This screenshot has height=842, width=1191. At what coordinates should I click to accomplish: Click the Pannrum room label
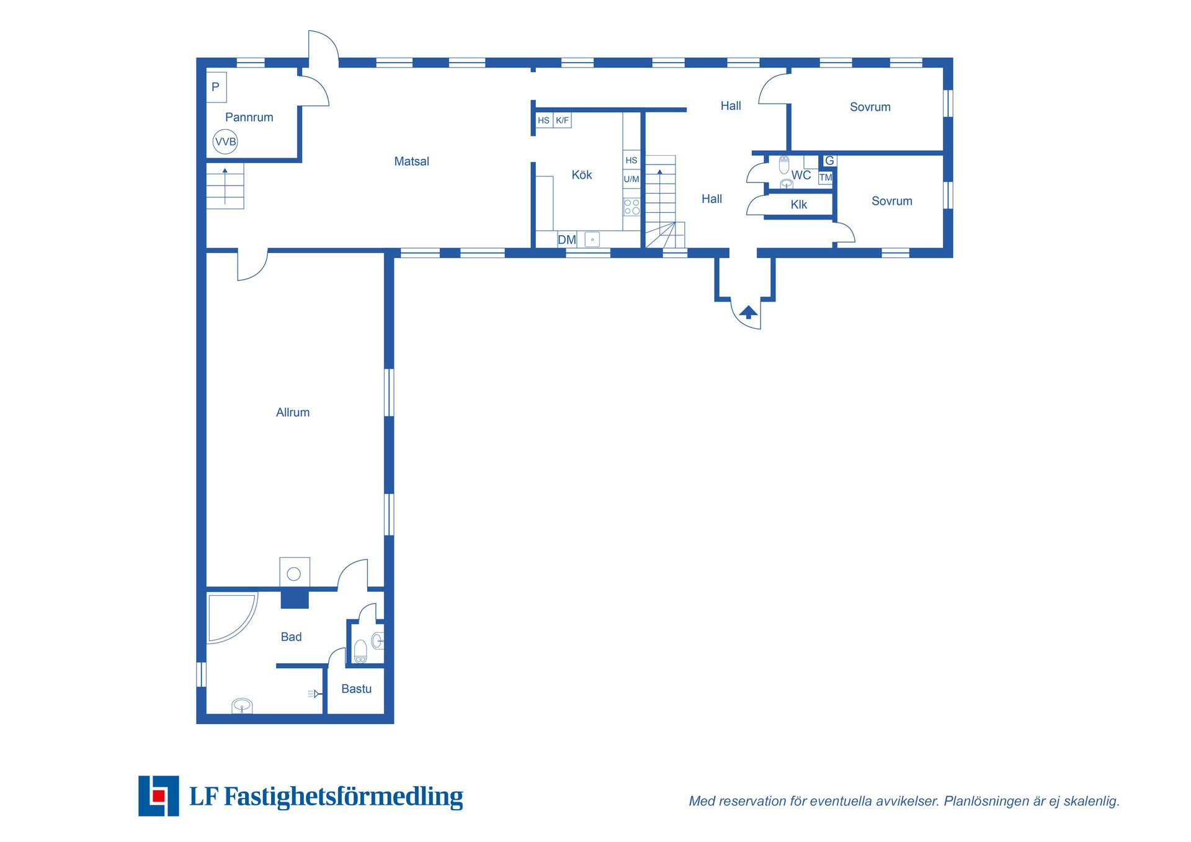tap(249, 117)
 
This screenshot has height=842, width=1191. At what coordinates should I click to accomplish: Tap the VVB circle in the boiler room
tap(225, 141)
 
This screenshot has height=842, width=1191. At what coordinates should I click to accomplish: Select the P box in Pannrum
tap(216, 87)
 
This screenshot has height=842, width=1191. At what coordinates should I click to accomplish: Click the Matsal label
tap(411, 161)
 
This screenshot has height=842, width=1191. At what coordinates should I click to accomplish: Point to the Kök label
tap(581, 175)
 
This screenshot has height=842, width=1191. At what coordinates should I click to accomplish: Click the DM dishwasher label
tap(566, 240)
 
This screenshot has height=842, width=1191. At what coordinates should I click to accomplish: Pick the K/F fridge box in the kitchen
tap(562, 120)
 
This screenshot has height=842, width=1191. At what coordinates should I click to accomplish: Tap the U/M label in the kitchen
tap(631, 179)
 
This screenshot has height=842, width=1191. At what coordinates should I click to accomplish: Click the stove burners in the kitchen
tap(631, 207)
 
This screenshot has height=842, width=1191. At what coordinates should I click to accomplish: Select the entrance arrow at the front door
tap(749, 312)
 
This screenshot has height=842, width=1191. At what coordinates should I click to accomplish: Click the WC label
tap(801, 176)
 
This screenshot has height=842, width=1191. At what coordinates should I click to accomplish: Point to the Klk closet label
tap(798, 205)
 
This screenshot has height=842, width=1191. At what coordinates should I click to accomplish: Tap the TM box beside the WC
tap(825, 177)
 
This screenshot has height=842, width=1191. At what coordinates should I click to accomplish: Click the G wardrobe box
tap(829, 161)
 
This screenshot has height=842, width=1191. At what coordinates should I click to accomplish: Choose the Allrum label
tap(293, 413)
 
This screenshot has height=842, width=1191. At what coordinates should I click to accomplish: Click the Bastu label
tap(356, 689)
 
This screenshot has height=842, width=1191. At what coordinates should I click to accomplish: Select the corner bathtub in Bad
tap(233, 619)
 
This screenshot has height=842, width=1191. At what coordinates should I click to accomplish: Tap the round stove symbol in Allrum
tap(294, 574)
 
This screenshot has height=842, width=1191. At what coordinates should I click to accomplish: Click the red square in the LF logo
tap(159, 795)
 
